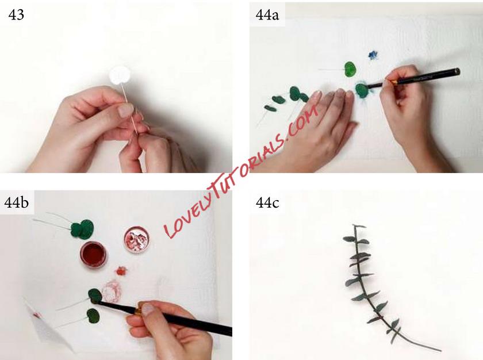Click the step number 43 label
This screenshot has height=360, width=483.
pos(16,15)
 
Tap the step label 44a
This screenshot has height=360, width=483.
pos(267,15)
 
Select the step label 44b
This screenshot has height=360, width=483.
pos(17,202)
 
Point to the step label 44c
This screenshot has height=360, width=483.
pos(267,203)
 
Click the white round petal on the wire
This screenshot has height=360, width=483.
pos(120,75)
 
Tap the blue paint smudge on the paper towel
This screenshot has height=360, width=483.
pos(373,55)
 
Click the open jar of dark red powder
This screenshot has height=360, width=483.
pos(93,255)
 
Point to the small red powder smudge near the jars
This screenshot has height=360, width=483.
pos(121,271)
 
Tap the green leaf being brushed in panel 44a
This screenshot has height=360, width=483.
pos(361,89)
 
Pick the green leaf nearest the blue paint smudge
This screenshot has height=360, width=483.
pos(350,69)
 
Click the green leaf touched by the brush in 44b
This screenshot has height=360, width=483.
pos(95,296)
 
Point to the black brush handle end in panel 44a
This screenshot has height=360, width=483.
pos(457,72)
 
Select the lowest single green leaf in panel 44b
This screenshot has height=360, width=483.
pos(93,316)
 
